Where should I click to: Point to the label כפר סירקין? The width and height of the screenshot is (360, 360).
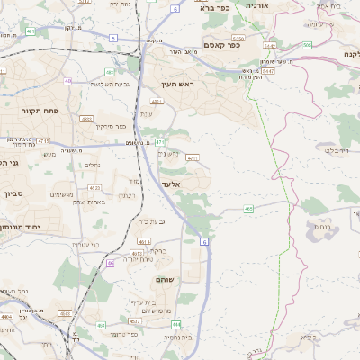tap(111, 127)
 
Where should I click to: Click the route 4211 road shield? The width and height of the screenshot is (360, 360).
tap(192, 157)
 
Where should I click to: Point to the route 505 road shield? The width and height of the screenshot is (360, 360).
tap(307, 44)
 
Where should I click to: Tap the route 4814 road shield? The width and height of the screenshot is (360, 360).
tap(143, 240)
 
